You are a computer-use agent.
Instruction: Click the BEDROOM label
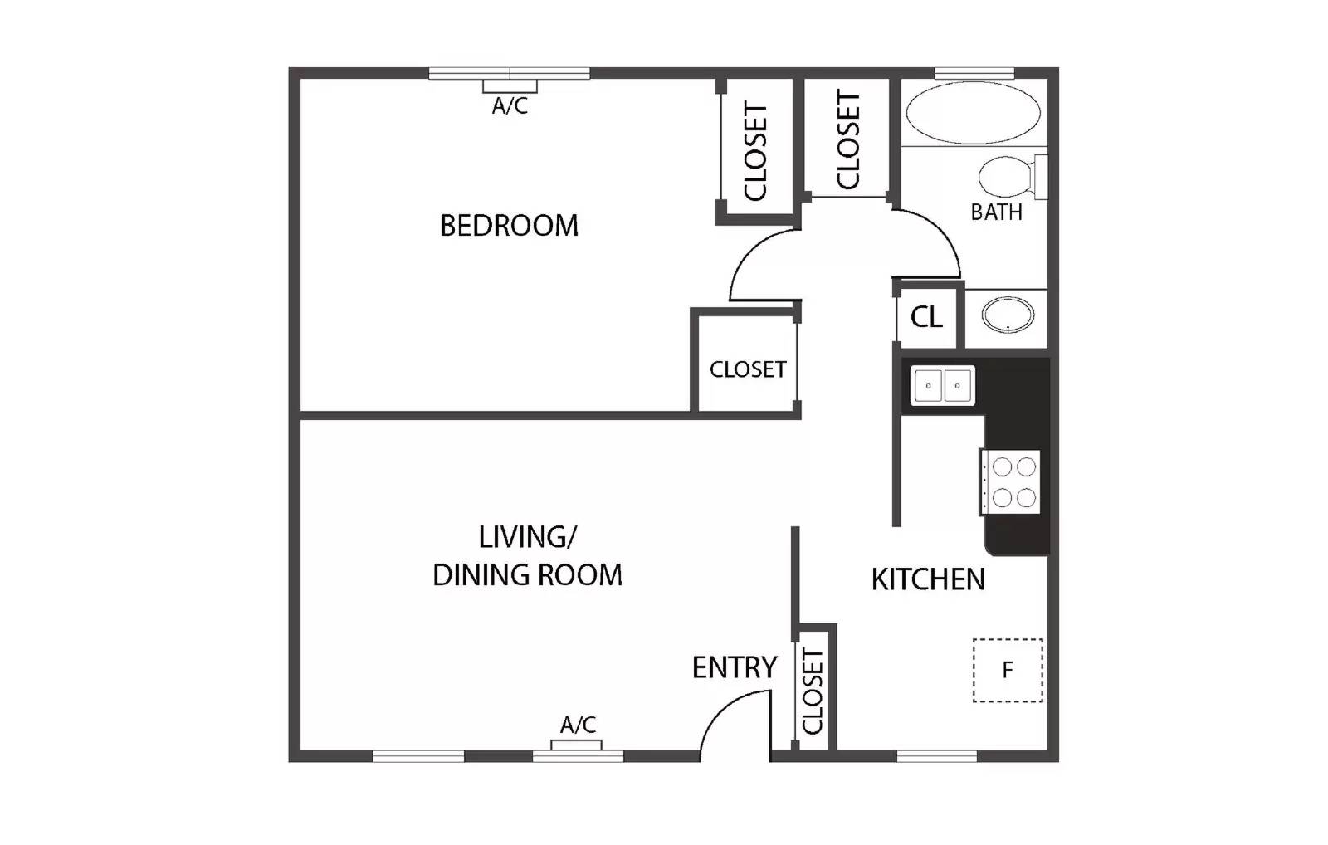click(x=508, y=225)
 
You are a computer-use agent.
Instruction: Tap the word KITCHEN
click(x=928, y=579)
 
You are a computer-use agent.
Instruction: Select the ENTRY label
click(x=734, y=667)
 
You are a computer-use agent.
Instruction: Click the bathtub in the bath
click(x=973, y=114)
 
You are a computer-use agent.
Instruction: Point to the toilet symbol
click(x=1011, y=177)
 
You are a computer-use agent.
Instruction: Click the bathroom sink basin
click(x=1008, y=315)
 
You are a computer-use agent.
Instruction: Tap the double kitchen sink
click(x=942, y=386)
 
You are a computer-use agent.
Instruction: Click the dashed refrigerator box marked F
click(x=1008, y=670)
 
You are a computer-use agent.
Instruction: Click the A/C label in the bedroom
click(x=510, y=106)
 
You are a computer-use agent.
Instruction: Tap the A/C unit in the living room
click(x=577, y=745)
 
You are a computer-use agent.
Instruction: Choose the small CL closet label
click(x=926, y=317)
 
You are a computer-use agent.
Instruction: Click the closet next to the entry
click(x=813, y=691)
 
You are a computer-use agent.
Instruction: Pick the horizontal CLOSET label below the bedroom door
click(x=747, y=369)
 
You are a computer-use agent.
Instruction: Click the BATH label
click(x=996, y=212)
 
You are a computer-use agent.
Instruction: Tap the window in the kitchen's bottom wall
click(x=937, y=755)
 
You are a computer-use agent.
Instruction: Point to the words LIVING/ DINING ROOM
click(x=527, y=556)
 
